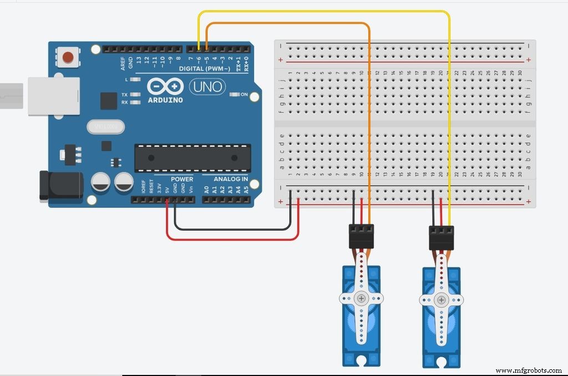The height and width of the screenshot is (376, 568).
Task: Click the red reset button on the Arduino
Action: point(68,57)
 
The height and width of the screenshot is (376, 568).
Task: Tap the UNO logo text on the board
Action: point(207,87)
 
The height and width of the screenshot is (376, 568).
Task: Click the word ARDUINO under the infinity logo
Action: point(165,100)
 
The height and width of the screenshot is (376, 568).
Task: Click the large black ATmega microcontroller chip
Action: point(191,159)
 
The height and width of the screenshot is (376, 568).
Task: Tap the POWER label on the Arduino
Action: point(182,179)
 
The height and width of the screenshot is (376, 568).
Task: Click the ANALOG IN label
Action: point(231,179)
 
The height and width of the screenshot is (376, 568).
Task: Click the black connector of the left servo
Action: point(361,236)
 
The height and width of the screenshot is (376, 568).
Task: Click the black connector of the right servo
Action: point(442,238)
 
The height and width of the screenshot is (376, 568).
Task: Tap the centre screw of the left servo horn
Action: point(362,298)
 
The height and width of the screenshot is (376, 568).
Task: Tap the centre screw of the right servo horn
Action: point(442,301)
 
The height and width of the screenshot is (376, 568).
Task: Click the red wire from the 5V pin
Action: point(233,240)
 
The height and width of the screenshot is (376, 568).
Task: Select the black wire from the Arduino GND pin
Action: point(233,228)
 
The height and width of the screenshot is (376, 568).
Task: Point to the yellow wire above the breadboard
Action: point(322,12)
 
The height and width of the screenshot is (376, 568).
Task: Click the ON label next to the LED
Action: point(244,94)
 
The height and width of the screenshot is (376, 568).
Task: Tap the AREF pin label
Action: point(123,63)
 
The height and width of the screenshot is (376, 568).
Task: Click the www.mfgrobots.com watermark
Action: point(529,370)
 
